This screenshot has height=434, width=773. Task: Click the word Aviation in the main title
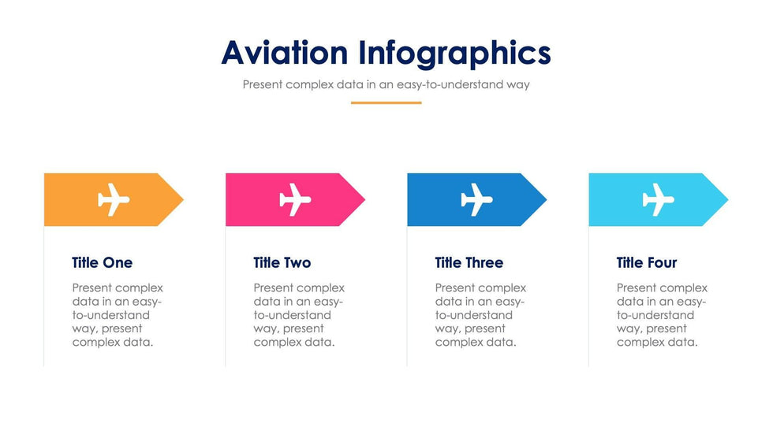[285, 52]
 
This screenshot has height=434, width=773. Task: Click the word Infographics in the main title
[454, 53]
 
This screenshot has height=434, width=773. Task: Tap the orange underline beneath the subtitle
[386, 103]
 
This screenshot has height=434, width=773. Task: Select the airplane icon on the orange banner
[114, 199]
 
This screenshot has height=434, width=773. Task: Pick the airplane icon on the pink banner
[295, 199]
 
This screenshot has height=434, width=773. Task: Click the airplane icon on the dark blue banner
[476, 199]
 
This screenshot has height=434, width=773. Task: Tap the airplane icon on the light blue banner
[658, 199]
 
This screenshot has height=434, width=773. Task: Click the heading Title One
[102, 262]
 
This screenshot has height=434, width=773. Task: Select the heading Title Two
[282, 262]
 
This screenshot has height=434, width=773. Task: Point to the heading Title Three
[469, 262]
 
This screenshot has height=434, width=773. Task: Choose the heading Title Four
[646, 262]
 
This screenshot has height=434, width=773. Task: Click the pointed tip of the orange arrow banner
[183, 199]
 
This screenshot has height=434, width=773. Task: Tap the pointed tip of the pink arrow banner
[364, 199]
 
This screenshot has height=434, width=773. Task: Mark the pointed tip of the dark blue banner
[546, 199]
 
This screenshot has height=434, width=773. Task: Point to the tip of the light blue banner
[727, 199]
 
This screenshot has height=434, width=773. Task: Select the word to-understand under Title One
[110, 315]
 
